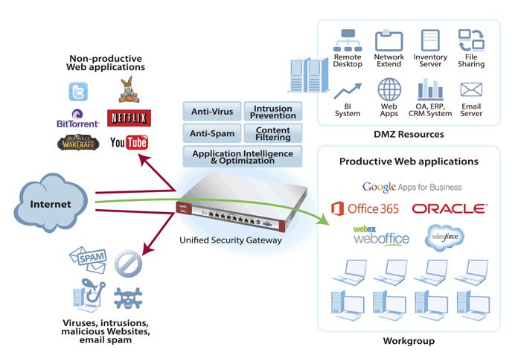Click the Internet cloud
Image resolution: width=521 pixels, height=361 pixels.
51,202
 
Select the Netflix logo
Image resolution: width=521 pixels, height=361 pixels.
129,117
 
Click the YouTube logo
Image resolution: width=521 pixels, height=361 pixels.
129,141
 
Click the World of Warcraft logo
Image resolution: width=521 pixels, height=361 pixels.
77,142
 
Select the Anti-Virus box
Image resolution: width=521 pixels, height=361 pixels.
212,112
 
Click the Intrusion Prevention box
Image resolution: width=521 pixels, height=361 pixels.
273,112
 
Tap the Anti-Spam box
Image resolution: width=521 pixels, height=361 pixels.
212,135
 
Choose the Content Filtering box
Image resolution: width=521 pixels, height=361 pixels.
273,135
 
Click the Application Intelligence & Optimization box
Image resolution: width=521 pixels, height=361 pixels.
243,157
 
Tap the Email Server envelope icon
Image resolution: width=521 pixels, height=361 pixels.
470,90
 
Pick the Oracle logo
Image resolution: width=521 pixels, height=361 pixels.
449,209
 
